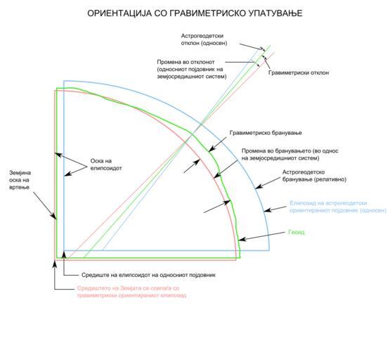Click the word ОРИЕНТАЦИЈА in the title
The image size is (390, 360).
pos(119,13)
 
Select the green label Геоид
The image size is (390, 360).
pos(297,232)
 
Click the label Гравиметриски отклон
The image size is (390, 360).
pos(299,72)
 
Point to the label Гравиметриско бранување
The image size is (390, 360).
pos(266,133)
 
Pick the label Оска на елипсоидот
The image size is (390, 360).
pos(106,165)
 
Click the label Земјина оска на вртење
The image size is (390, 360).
pos(20,180)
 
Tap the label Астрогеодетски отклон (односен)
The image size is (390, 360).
pos(204,39)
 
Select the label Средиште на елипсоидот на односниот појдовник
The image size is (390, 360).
pos(148,275)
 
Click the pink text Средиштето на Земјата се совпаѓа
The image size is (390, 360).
pos(128,288)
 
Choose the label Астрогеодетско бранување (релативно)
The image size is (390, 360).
pos(314,176)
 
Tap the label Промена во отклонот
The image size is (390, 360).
pos(186,62)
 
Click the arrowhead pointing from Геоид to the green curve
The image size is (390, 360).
pos(241,239)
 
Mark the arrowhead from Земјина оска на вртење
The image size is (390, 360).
pos(54,217)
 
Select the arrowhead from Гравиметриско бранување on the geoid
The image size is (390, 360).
pos(211,149)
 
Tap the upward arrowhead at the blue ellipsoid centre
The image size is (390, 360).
pos(64,255)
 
